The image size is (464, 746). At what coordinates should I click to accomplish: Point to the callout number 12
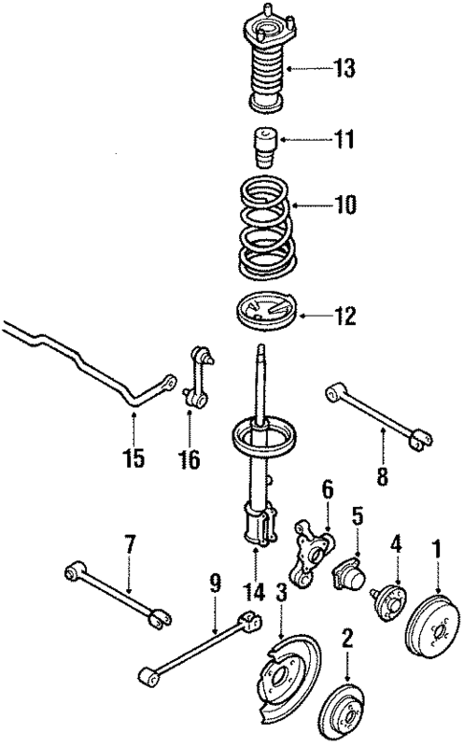pos(343,312)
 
